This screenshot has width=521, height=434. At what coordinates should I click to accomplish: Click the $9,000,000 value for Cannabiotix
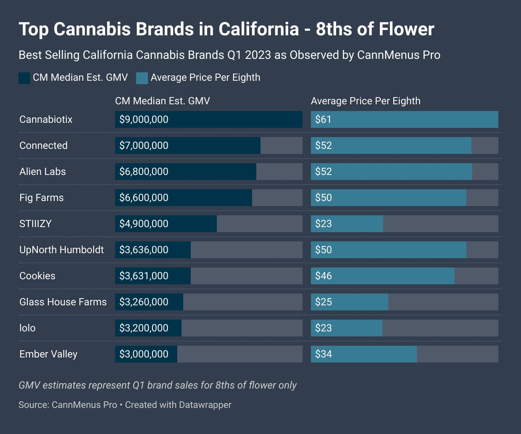(144, 119)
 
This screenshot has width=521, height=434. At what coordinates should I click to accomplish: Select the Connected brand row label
(43, 146)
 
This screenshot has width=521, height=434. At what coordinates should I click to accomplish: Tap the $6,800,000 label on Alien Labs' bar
(144, 172)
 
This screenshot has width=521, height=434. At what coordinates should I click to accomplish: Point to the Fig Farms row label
(41, 198)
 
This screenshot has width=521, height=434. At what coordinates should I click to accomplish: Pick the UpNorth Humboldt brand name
(61, 250)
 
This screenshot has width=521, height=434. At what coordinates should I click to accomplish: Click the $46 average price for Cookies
(324, 276)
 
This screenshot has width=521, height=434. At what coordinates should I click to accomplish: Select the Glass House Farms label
(63, 302)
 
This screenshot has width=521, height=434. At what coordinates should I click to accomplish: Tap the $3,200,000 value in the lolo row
(144, 328)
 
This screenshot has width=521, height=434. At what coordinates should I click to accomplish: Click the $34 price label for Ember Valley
(324, 354)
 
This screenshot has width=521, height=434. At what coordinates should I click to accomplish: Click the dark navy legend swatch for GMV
(24, 78)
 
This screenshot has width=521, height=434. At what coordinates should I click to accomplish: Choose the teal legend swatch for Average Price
(142, 78)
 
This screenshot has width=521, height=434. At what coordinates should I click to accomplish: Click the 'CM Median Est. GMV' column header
(162, 101)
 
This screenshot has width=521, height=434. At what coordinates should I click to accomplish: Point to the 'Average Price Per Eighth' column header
(366, 101)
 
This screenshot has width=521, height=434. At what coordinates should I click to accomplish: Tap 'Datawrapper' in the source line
(205, 405)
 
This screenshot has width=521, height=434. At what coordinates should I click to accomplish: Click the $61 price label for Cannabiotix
(324, 119)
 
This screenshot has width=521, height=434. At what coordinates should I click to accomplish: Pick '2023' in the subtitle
(258, 55)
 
